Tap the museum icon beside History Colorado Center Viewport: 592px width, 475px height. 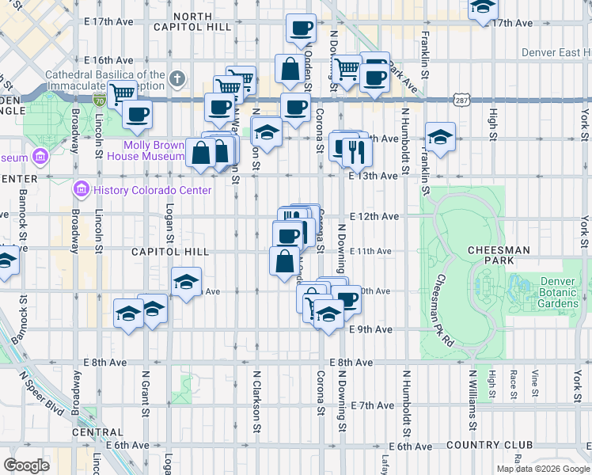point(80,190)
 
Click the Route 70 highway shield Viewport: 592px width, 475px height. point(99,100)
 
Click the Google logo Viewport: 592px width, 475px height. point(26,465)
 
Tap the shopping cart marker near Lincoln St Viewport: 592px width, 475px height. point(121,93)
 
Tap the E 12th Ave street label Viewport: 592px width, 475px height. point(373,216)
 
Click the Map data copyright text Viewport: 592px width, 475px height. point(542,469)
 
